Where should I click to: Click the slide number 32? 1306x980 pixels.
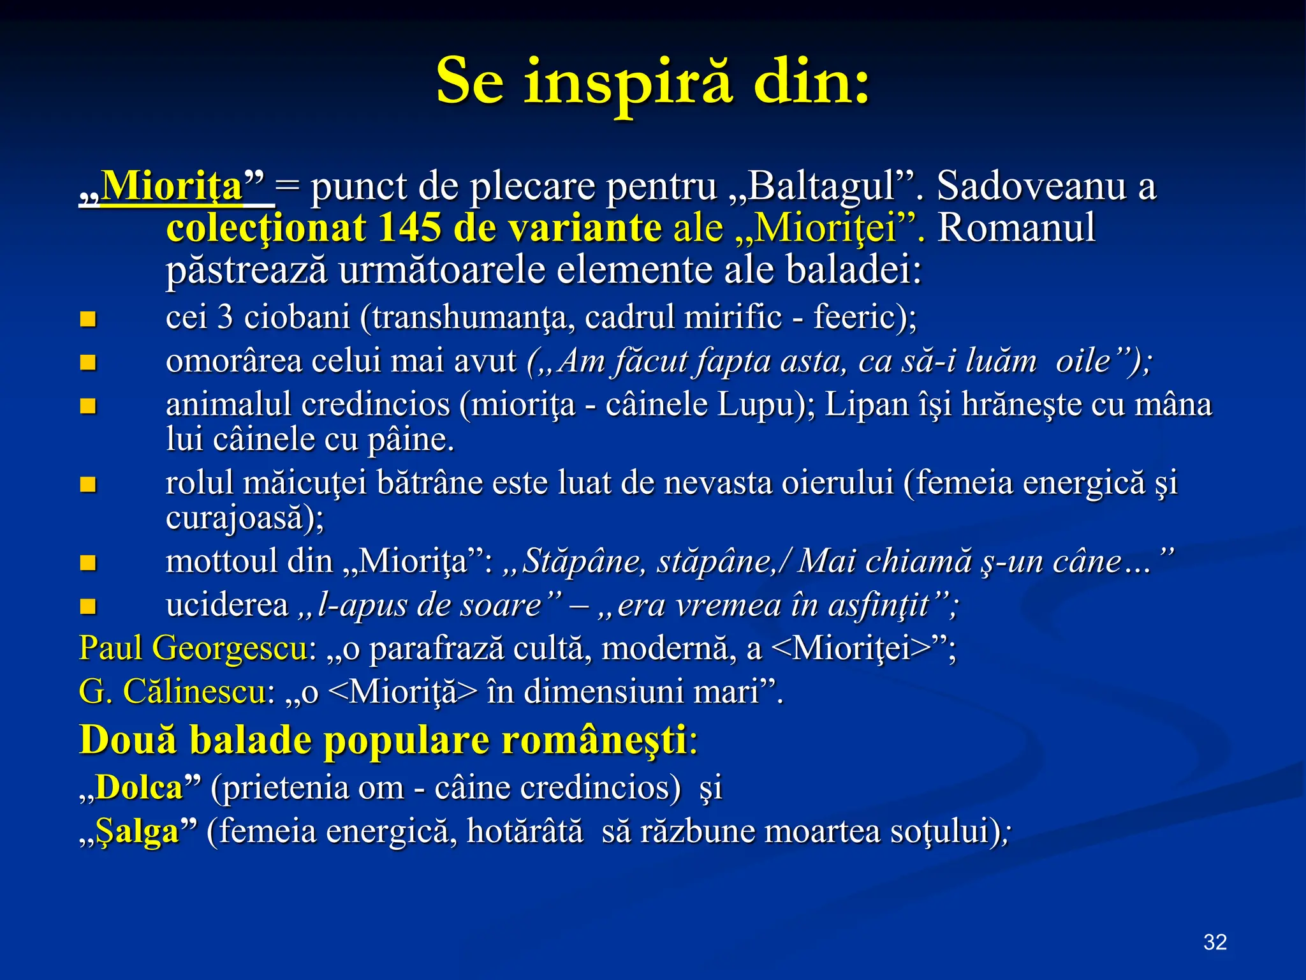tap(1215, 942)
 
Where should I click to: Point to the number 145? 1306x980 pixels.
tap(409, 228)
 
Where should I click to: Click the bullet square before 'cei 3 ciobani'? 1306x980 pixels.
tap(88, 319)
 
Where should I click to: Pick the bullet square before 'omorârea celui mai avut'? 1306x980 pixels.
tap(88, 362)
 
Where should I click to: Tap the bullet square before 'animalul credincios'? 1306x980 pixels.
tap(88, 406)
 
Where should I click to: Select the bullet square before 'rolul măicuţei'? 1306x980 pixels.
tap(88, 484)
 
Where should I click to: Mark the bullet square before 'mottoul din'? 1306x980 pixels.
tap(88, 563)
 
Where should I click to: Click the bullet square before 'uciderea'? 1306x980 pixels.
tap(88, 606)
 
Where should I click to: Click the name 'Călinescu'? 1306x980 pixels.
tap(194, 692)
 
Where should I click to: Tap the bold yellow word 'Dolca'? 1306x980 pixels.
tap(139, 788)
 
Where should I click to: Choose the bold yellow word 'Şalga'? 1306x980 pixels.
tap(136, 832)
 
